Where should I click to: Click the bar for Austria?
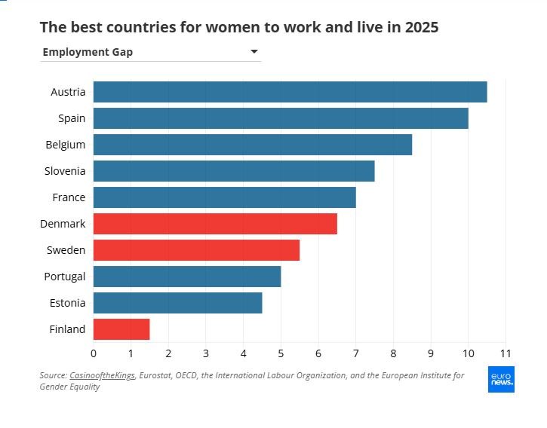point(290,92)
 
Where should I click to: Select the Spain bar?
point(281,118)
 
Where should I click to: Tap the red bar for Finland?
point(121,329)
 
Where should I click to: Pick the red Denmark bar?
point(215,224)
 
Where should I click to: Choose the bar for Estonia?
point(177,303)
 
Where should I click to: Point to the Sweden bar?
point(196,250)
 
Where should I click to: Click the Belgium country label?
point(65,145)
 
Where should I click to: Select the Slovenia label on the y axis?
point(65,171)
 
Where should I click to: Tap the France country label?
point(68,197)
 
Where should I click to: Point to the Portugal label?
point(65,277)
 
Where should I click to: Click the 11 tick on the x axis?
point(506,353)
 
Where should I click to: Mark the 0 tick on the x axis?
point(94,353)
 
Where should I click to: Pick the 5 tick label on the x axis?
point(281,353)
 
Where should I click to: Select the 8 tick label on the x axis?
point(393,353)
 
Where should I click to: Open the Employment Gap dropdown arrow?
point(254,52)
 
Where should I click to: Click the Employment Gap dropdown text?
point(88,52)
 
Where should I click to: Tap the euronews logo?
point(501,380)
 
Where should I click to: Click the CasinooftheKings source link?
point(103,375)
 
